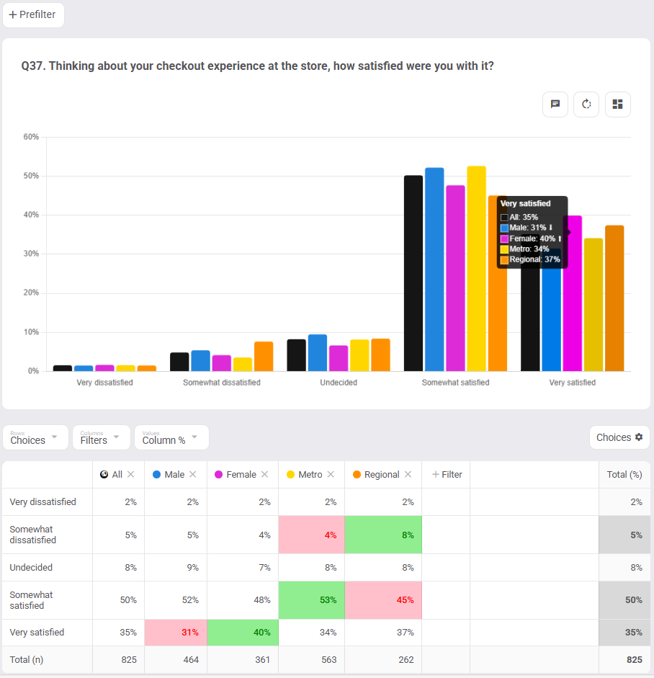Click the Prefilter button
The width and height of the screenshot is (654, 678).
[x=33, y=14]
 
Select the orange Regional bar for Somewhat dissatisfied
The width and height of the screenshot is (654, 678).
[x=264, y=356]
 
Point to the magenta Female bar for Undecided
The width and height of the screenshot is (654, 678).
[x=339, y=358]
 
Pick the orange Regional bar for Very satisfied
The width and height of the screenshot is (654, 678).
[x=614, y=298]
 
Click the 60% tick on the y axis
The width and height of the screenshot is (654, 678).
[x=31, y=137]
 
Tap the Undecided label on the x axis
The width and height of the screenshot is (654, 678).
[x=339, y=383]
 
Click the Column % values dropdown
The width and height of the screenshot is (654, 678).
[x=171, y=437]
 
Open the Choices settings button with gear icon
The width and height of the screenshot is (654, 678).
[x=619, y=437]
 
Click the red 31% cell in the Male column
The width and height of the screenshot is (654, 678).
[x=176, y=633]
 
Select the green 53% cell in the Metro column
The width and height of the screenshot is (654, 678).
[x=311, y=600]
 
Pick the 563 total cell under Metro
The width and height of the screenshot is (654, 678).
[x=311, y=660]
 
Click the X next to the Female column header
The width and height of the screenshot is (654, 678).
[x=264, y=475]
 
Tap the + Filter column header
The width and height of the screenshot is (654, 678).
[x=447, y=475]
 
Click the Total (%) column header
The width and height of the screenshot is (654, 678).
[x=624, y=475]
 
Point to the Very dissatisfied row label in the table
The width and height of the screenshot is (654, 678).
[x=42, y=502]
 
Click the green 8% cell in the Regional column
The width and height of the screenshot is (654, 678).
[x=383, y=535]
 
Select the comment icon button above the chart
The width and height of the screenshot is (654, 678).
[x=555, y=104]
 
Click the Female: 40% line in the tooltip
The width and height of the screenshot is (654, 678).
[x=532, y=238]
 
